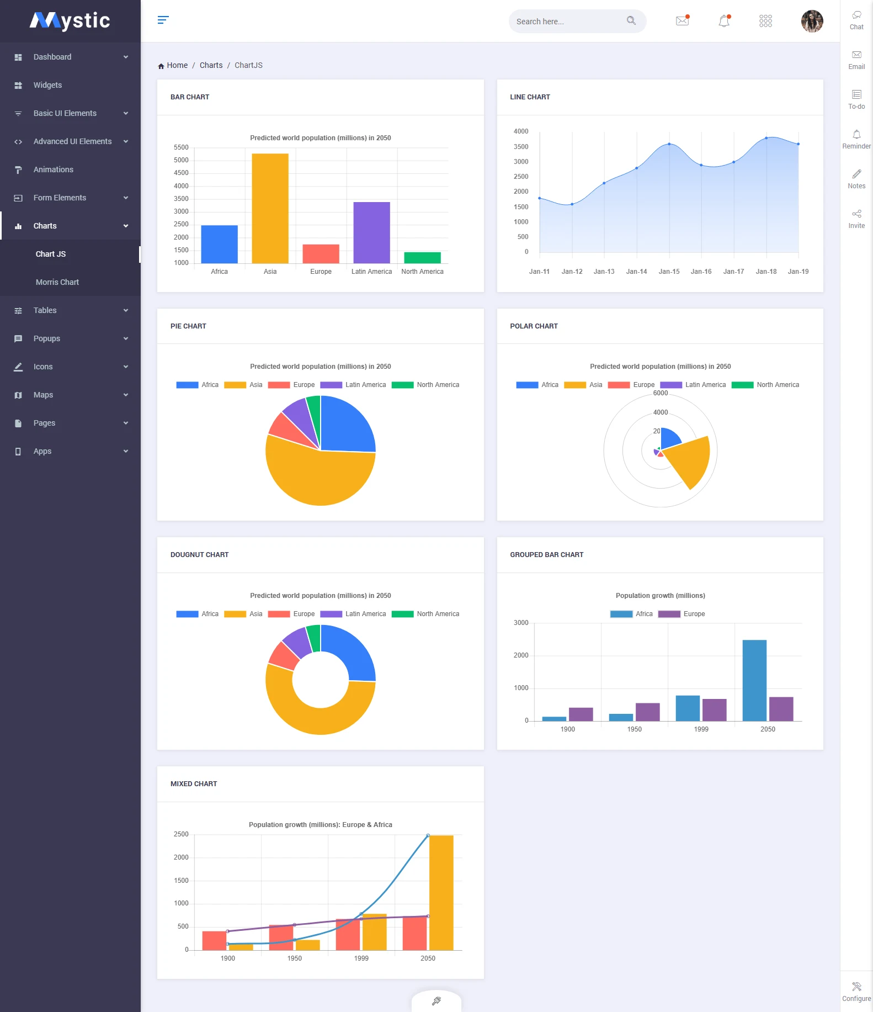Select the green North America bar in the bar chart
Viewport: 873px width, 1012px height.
pyautogui.click(x=422, y=258)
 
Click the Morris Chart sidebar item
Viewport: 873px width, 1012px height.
pyautogui.click(x=57, y=282)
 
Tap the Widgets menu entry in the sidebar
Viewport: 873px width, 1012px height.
pyautogui.click(x=47, y=85)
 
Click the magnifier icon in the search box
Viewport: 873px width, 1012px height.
pyautogui.click(x=631, y=21)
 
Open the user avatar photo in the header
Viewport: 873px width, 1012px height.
pyautogui.click(x=811, y=21)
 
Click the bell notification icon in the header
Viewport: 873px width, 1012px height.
pyautogui.click(x=724, y=21)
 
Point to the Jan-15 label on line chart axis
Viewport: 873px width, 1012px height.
pyautogui.click(x=669, y=272)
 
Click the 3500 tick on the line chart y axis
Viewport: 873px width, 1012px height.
pyautogui.click(x=520, y=147)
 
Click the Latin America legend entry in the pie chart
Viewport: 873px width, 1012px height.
pyautogui.click(x=359, y=385)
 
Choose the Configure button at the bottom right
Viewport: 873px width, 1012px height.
pyautogui.click(x=856, y=991)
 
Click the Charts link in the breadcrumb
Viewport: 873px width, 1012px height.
pyautogui.click(x=211, y=65)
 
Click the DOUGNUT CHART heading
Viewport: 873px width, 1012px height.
pyautogui.click(x=199, y=555)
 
